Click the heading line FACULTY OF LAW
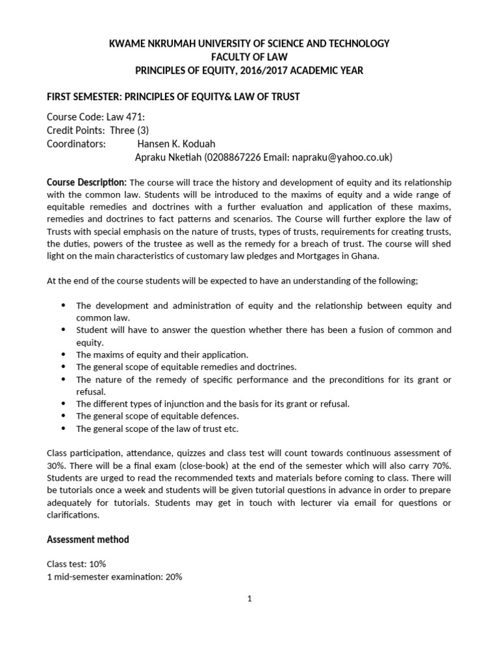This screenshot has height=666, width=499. click(249, 57)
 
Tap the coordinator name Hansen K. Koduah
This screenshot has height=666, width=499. click(175, 144)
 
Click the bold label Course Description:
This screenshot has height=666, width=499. click(87, 181)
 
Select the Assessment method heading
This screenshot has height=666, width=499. click(88, 539)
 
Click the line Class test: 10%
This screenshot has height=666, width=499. click(79, 563)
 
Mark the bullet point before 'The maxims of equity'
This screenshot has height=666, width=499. click(63, 355)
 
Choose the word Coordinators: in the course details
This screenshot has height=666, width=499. click(76, 144)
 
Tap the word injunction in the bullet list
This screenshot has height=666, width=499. click(168, 404)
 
